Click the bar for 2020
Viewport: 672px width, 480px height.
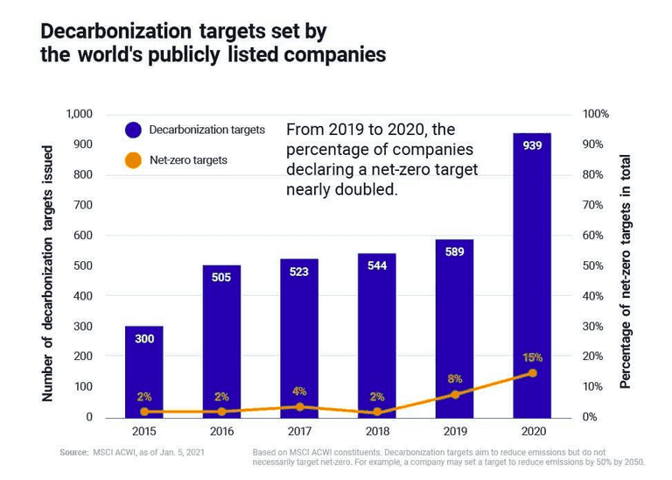[x=532, y=263]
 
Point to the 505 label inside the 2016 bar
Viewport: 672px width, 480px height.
[x=221, y=277]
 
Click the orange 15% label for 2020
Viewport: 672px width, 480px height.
[x=533, y=357]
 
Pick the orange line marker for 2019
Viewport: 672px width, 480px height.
[x=455, y=394]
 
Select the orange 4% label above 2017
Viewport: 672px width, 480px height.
[x=299, y=392]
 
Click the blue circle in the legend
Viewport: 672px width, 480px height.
[x=134, y=130]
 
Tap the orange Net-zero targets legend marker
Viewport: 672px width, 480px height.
[x=134, y=160]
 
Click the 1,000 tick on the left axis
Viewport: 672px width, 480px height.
[x=78, y=115]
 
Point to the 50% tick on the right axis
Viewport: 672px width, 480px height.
[x=595, y=265]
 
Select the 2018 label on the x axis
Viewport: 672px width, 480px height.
[x=377, y=432]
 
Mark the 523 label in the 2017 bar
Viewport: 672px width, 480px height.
[x=299, y=272]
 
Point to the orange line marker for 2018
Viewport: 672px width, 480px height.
[x=377, y=412]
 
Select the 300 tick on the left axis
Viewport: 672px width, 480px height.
[x=83, y=327]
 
